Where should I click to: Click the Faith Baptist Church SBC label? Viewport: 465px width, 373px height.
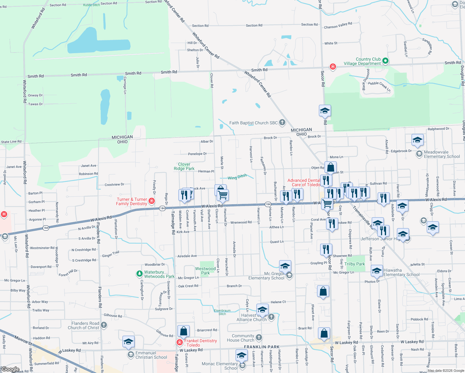point(253,123)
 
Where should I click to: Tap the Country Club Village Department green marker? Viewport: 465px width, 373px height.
point(385,61)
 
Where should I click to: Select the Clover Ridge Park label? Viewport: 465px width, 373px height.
point(184,166)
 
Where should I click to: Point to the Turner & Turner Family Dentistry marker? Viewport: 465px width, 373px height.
point(152,201)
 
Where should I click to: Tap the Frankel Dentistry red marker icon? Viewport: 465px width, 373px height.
point(179,342)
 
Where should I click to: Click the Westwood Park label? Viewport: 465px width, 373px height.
point(205,271)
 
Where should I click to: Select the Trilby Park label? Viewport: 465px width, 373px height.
point(354,264)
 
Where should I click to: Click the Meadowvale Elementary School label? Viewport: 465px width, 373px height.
point(442,154)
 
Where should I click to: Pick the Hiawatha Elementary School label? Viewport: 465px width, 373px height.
point(401,272)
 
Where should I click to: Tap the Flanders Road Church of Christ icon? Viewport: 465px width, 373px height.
point(104,325)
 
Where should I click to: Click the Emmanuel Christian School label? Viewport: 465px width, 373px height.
point(151,355)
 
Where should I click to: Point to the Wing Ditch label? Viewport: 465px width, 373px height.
point(237,177)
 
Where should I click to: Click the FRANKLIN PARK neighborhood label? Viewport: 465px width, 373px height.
point(262,347)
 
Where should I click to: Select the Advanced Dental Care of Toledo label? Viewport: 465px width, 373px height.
point(304,182)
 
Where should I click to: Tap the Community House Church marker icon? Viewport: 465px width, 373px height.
point(259,338)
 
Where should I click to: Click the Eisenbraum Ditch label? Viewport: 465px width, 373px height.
point(222,312)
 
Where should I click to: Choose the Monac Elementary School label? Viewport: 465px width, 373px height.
point(220,366)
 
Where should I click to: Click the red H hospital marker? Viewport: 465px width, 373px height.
point(4,214)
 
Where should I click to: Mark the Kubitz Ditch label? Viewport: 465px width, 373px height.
point(91,5)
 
